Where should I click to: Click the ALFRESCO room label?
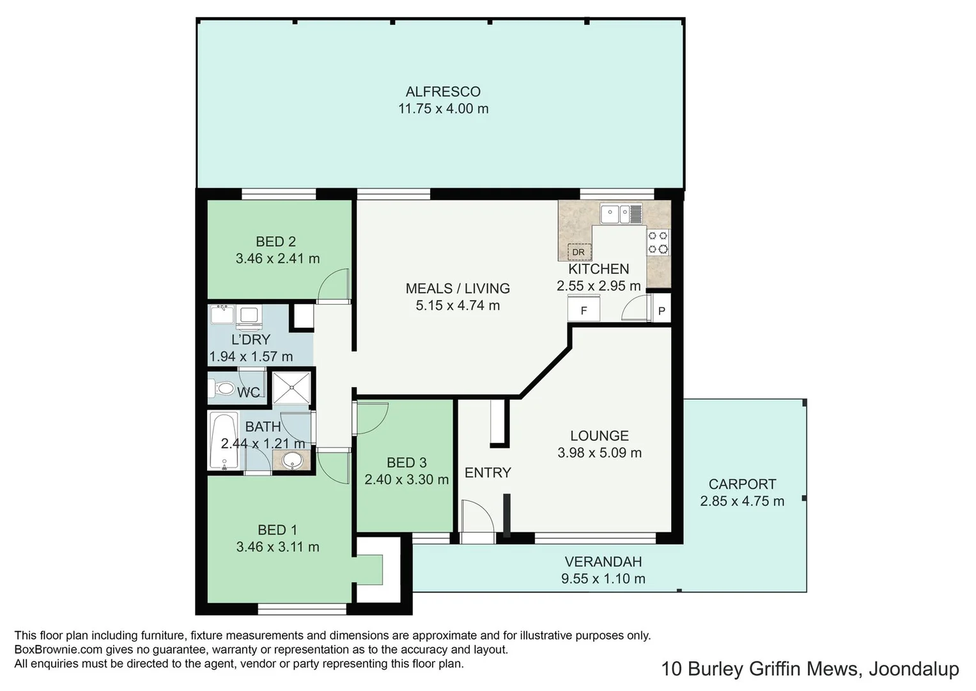(443, 91)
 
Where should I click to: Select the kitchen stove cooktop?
(658, 242)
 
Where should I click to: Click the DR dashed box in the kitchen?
(579, 252)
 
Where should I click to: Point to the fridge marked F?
(584, 311)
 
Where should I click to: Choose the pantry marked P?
(662, 311)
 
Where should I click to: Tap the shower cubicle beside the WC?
(291, 387)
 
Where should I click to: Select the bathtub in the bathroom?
(224, 441)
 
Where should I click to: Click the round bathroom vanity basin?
(292, 460)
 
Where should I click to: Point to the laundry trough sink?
(222, 315)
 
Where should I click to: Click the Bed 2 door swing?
(334, 285)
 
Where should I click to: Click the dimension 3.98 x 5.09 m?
(600, 453)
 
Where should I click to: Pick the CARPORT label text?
(742, 484)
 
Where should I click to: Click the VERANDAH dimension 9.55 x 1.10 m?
(603, 579)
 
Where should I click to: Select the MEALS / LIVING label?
(458, 289)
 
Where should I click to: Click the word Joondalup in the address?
(914, 669)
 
